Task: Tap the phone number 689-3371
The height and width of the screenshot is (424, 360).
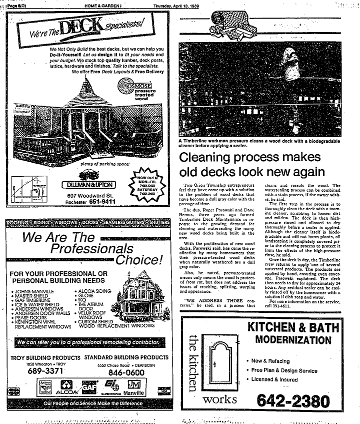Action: (45, 372)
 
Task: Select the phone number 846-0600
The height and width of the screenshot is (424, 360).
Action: (123, 372)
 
